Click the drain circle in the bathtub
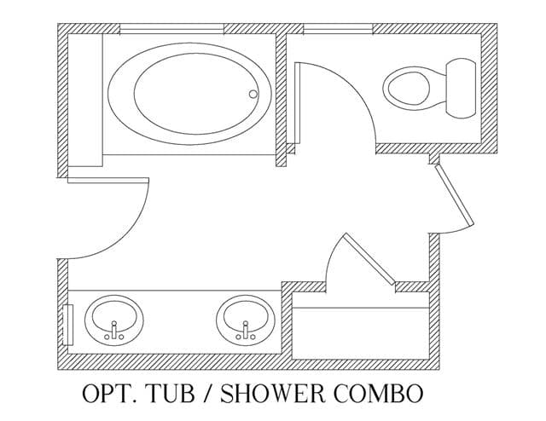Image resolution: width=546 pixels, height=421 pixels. click(x=253, y=94)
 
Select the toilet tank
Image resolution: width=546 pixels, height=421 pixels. click(x=461, y=88)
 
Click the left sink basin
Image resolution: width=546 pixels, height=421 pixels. click(x=113, y=320)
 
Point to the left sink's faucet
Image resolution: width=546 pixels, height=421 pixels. click(x=113, y=330)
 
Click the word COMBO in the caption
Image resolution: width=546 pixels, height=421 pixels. click(x=379, y=393)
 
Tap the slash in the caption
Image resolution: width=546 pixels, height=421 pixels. click(x=207, y=394)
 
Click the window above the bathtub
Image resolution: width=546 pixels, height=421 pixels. click(x=171, y=29)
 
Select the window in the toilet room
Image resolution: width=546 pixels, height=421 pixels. click(x=338, y=29)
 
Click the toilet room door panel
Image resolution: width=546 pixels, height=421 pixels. click(x=298, y=103)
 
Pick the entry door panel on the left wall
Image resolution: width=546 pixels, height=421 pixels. click(x=108, y=180)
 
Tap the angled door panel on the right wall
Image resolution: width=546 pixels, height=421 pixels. click(x=454, y=195)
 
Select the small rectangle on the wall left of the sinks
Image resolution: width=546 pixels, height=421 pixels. click(x=67, y=325)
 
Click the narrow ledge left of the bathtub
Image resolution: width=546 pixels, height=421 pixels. click(x=85, y=101)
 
